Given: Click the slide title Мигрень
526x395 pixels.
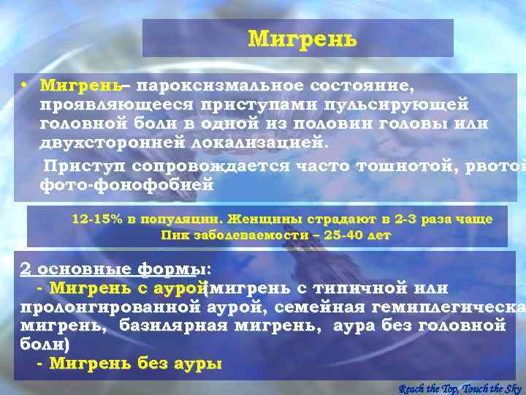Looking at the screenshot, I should tap(302, 38).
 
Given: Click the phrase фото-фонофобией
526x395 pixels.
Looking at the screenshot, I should tap(127, 185).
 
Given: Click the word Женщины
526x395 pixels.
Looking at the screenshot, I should tap(260, 219).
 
